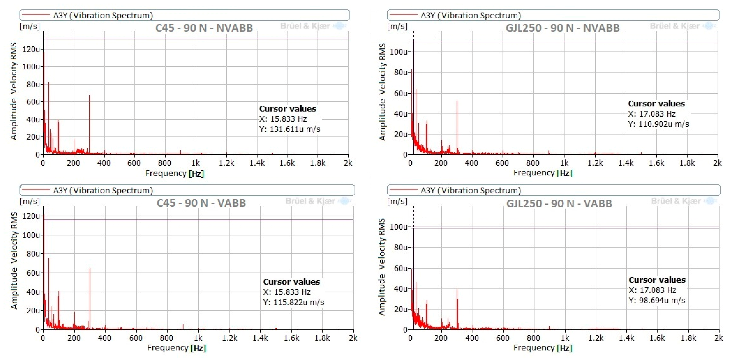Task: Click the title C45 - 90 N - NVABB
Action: pos(204,28)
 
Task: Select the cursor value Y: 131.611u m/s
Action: pos(290,129)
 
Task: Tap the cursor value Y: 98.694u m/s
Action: pos(657,300)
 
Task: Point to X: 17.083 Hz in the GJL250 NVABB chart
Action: pos(652,114)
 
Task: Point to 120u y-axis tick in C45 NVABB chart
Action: pos(31,49)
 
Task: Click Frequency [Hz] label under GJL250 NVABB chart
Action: pos(542,173)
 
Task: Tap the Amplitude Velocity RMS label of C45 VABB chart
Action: pos(14,260)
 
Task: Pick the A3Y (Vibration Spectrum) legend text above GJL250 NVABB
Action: pos(471,15)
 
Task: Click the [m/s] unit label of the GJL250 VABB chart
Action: pos(397,201)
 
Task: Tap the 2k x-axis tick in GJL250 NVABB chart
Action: pos(717,163)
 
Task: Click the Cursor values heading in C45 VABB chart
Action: pos(291,282)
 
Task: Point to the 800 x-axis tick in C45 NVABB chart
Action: pos(164,163)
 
